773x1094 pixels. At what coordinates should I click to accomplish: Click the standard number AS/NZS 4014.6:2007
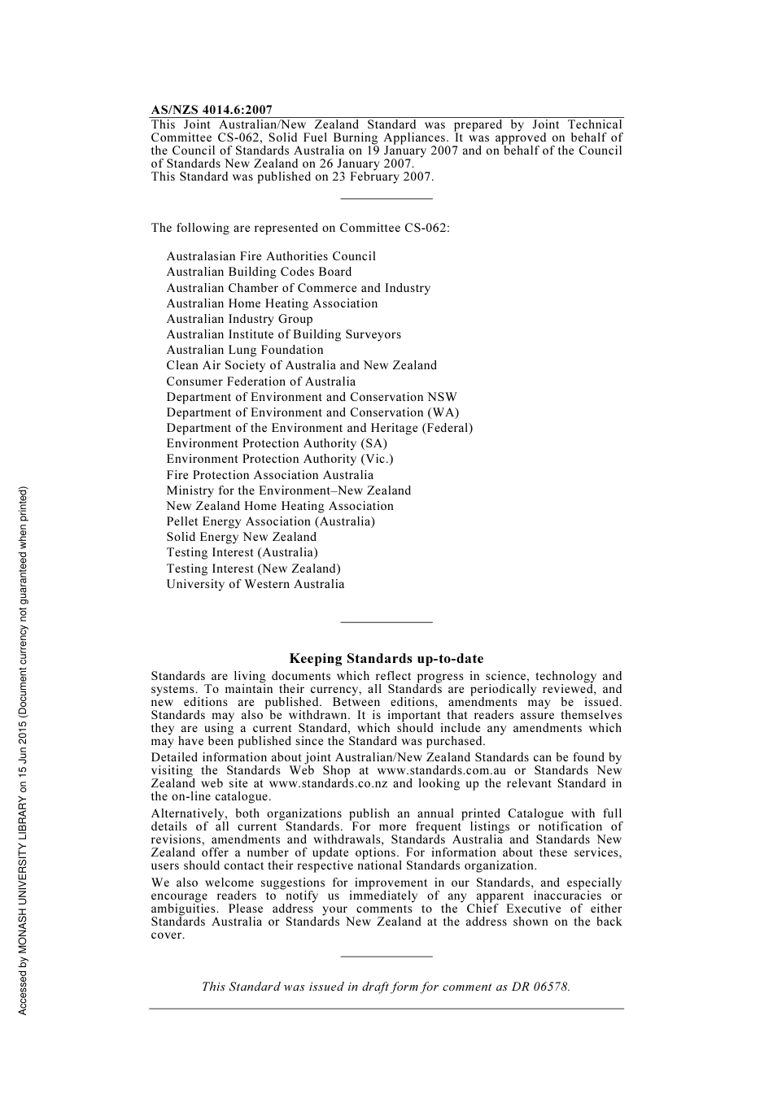pyautogui.click(x=212, y=110)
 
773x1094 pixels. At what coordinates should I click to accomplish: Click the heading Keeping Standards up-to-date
pyautogui.click(x=386, y=659)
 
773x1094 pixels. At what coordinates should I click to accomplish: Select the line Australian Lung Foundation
pyautogui.click(x=245, y=350)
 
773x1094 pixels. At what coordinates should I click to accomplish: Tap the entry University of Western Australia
pyautogui.click(x=255, y=584)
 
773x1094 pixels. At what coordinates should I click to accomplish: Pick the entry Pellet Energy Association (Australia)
pyautogui.click(x=271, y=521)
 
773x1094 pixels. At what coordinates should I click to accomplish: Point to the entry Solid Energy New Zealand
pyautogui.click(x=242, y=537)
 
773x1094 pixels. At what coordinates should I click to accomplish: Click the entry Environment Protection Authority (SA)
pyautogui.click(x=277, y=443)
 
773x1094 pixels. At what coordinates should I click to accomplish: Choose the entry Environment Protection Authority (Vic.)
pyautogui.click(x=280, y=459)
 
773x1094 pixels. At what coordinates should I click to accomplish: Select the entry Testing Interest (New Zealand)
pyautogui.click(x=254, y=569)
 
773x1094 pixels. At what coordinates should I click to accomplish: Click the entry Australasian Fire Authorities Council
pyautogui.click(x=271, y=256)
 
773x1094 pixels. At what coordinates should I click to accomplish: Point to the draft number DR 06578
pyautogui.click(x=540, y=987)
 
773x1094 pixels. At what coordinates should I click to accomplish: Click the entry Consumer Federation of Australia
pyautogui.click(x=261, y=381)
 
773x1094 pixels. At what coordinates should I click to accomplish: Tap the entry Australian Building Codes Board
pyautogui.click(x=259, y=272)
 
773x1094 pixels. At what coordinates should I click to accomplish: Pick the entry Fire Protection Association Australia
pyautogui.click(x=270, y=475)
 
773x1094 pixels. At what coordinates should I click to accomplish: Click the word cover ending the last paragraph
pyautogui.click(x=167, y=935)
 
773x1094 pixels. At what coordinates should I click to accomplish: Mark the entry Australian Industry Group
pyautogui.click(x=239, y=319)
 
